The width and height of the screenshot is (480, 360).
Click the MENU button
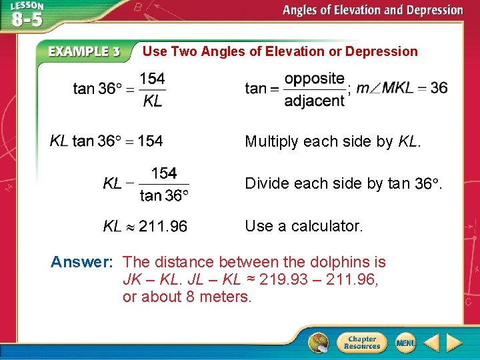click(405, 343)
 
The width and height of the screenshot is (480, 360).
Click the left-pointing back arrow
click(431, 343)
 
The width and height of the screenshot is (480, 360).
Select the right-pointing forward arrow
click(454, 343)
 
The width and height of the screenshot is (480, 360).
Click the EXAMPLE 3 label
click(84, 52)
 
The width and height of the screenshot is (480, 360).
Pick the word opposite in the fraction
click(314, 79)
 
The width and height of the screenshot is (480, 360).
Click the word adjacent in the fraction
click(314, 101)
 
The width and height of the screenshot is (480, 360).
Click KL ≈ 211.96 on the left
click(145, 227)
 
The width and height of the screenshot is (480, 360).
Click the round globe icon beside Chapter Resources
click(319, 343)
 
